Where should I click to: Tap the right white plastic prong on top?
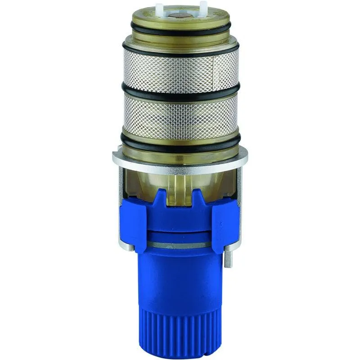click(203, 7)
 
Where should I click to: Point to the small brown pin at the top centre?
click(182, 14)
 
